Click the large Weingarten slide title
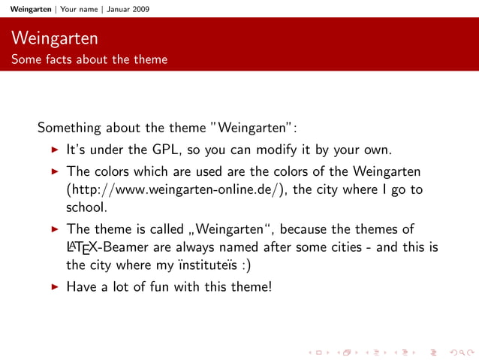click(55, 37)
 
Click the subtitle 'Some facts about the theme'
click(89, 59)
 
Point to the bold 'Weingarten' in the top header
click(26, 9)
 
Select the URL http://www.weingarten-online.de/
click(176, 189)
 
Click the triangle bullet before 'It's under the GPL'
click(54, 148)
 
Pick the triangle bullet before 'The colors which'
click(54, 172)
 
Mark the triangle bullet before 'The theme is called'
click(54, 228)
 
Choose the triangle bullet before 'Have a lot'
click(54, 286)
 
